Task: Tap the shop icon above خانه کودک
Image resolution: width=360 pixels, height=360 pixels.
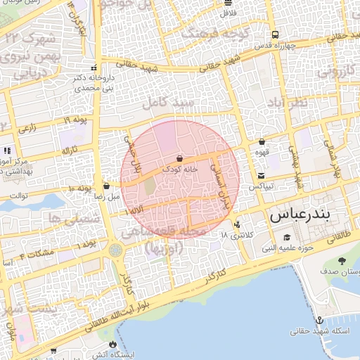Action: tap(181, 158)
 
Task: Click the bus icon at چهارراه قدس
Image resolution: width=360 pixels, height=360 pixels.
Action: tap(275, 34)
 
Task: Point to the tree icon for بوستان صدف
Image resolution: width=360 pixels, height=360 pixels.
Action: tap(342, 261)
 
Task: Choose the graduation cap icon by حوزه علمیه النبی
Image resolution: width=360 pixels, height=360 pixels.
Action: tap(285, 238)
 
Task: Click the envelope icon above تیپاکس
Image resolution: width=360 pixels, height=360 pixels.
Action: tap(262, 175)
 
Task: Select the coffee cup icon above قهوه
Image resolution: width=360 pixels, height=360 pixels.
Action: tap(262, 141)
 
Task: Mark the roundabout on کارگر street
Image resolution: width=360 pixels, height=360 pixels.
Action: tap(115, 250)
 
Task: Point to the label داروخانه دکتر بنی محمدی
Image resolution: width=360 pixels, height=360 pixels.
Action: tap(93, 83)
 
